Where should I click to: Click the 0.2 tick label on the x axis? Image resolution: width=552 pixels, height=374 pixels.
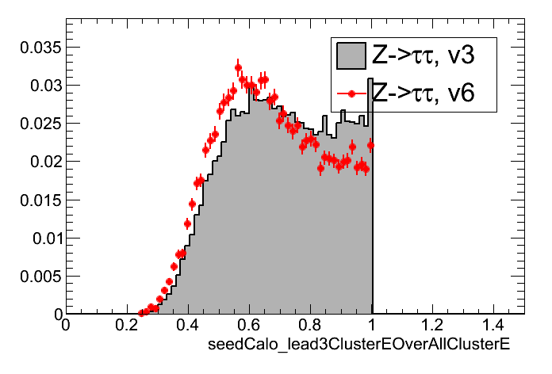(x=127, y=325)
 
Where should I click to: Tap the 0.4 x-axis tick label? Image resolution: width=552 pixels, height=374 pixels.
(x=188, y=325)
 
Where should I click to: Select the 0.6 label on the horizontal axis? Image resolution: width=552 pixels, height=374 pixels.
(x=249, y=325)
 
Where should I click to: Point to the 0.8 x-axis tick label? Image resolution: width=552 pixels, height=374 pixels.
(x=310, y=325)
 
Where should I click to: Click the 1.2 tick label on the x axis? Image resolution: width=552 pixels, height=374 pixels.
(x=433, y=325)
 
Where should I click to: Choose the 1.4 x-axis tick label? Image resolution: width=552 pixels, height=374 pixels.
(x=494, y=325)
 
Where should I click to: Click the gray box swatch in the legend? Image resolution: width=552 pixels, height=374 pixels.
(x=351, y=55)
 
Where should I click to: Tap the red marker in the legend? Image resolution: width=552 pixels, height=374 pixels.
(x=351, y=94)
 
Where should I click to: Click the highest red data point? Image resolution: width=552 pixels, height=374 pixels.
(x=238, y=67)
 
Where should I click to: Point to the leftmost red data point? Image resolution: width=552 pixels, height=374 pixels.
(x=142, y=313)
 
